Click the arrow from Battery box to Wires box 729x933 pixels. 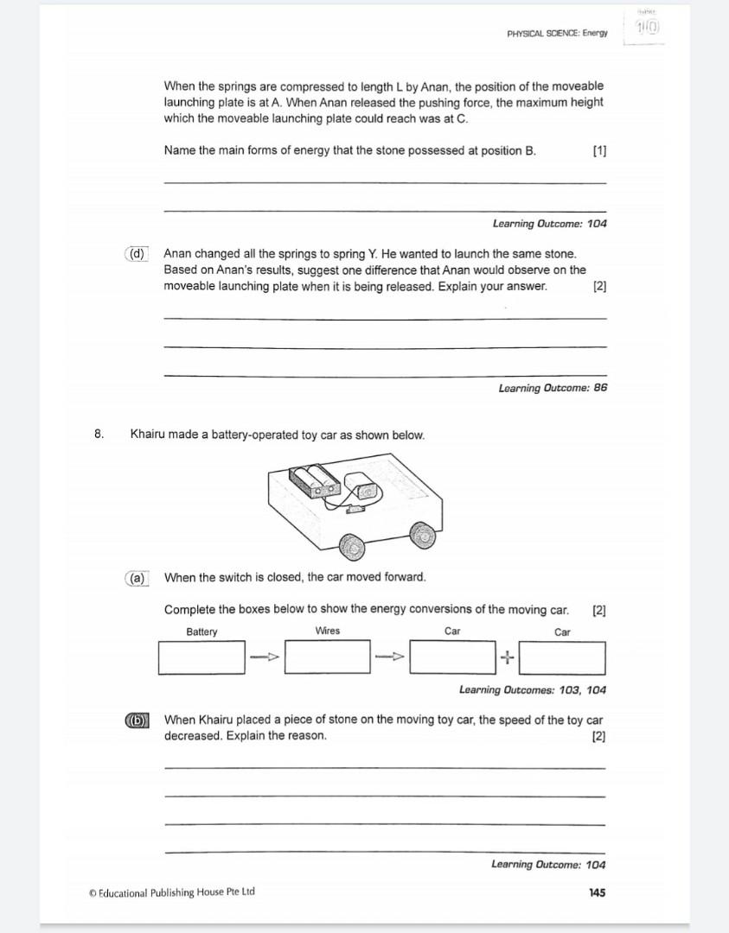(265, 658)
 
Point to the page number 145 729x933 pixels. (597, 892)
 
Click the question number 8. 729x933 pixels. (99, 435)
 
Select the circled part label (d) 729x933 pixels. (137, 254)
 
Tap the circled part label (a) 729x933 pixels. (137, 577)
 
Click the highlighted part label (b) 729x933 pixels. (137, 720)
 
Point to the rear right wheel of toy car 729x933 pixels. (423, 536)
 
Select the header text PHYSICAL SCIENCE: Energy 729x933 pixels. (557, 34)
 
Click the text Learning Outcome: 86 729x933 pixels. (553, 388)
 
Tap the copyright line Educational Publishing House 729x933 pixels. (172, 892)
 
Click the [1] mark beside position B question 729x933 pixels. (599, 150)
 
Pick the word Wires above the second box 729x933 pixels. (328, 631)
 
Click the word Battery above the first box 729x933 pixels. (201, 632)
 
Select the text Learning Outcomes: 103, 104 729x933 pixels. (533, 689)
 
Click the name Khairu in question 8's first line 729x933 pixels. (149, 435)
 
